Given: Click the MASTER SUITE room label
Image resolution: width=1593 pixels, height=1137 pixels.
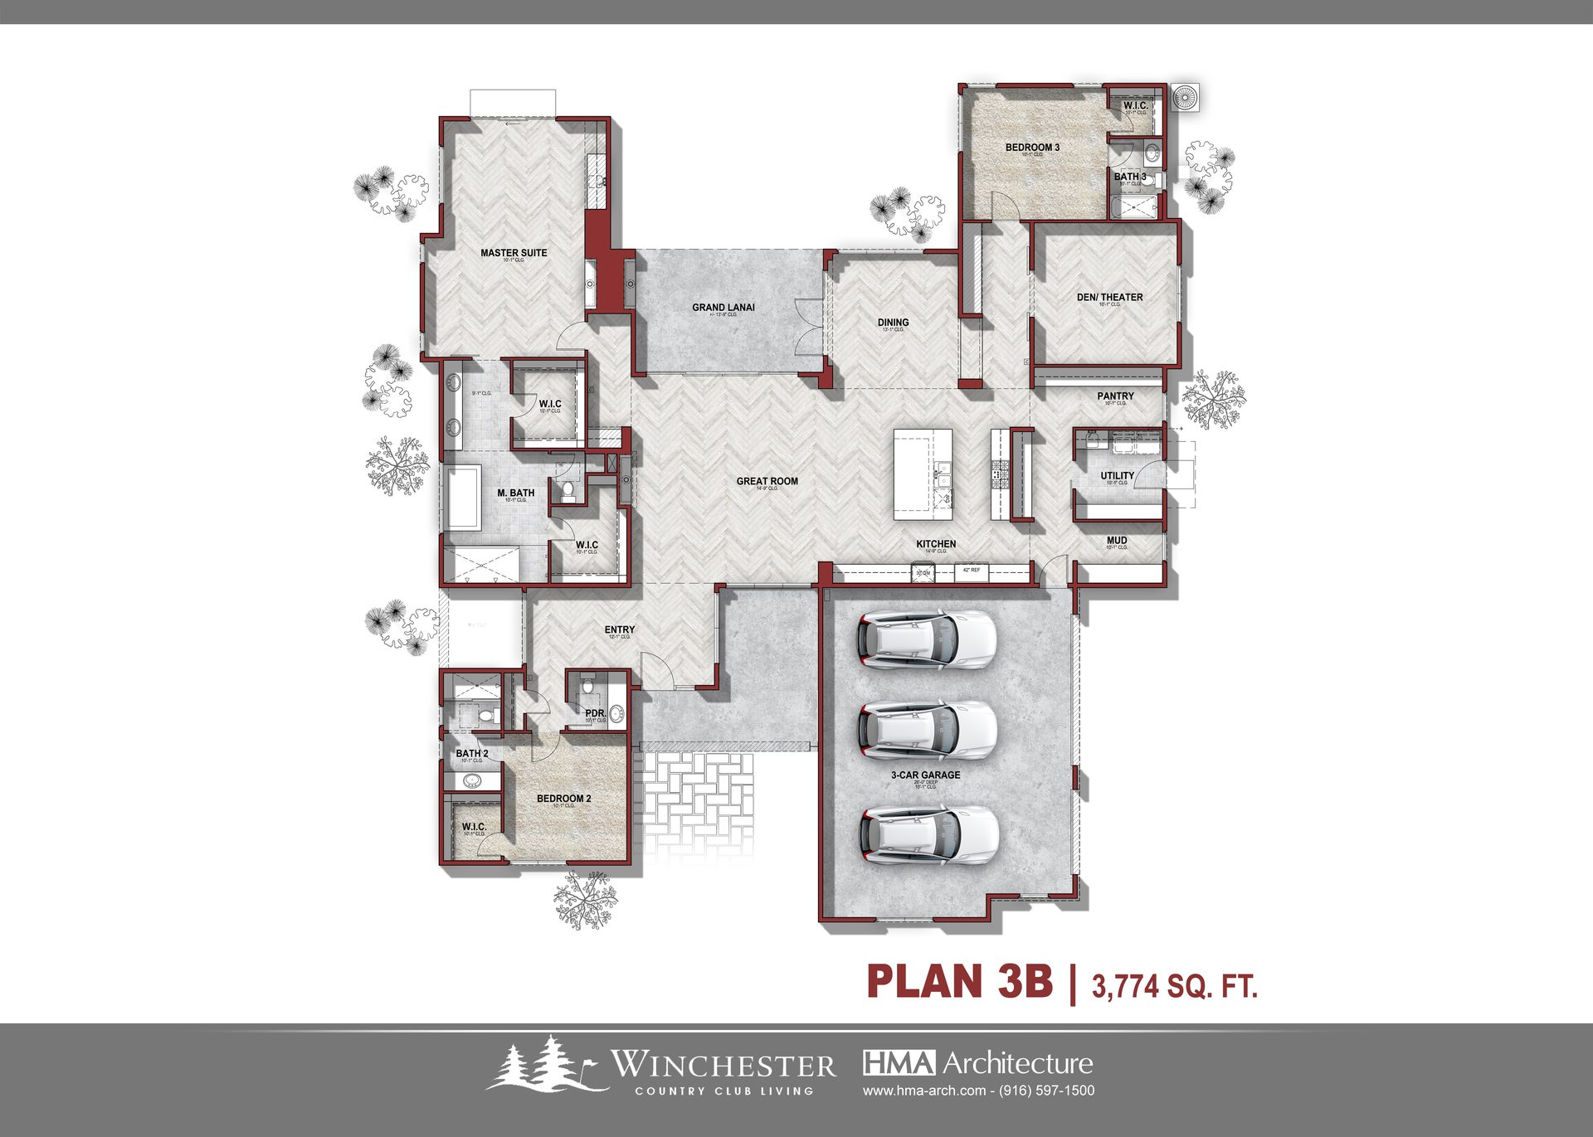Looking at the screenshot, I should point(514,253).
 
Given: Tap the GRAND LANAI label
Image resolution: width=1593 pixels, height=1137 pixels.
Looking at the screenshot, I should point(723,307).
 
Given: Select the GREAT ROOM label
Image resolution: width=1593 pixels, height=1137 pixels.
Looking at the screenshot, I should point(767,481).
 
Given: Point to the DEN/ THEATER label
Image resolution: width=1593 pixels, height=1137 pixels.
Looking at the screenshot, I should point(1109,297).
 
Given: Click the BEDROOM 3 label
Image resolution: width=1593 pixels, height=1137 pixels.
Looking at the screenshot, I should point(1032,148).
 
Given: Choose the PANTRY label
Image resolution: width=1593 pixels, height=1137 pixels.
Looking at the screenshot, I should point(1115,396).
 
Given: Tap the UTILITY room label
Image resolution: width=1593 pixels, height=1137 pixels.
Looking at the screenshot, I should point(1117,476).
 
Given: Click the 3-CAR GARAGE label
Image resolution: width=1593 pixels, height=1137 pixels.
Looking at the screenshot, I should point(926,775).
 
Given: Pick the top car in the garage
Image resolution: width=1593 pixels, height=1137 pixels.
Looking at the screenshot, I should point(926,639).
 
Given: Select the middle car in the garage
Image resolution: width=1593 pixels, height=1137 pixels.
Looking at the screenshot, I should point(928,730).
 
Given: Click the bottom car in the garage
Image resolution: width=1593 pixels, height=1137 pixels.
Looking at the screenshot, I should point(929,834).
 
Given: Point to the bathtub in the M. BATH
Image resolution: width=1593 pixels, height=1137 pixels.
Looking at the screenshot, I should point(463,498).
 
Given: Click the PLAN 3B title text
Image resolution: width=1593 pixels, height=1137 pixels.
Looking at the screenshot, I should point(959,982).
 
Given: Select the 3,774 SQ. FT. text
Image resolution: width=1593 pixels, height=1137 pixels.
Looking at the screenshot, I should point(1174,986).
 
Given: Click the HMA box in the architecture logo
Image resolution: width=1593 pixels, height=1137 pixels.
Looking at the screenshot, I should point(899,1062).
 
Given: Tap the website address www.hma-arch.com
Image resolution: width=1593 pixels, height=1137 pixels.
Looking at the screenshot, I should point(924,1091).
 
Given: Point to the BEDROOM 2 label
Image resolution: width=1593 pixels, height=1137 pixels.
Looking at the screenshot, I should point(563,799).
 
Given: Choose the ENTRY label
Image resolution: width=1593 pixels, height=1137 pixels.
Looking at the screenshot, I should point(619,630).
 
